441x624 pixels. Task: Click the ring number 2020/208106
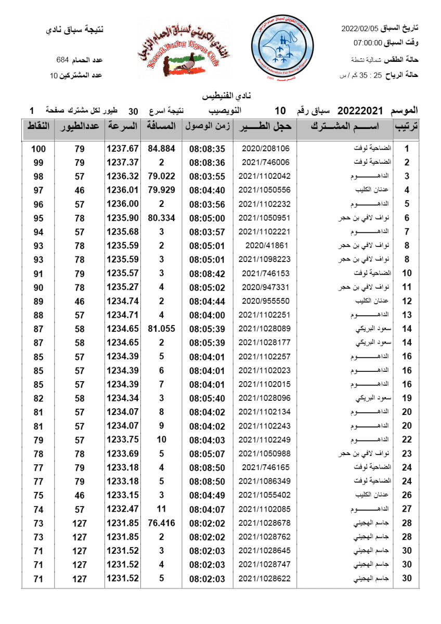(x=265, y=149)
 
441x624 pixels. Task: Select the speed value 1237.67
(x=123, y=149)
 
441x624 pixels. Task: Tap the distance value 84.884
(x=161, y=149)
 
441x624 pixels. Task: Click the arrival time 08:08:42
(x=207, y=273)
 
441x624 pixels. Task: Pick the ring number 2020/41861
(x=265, y=245)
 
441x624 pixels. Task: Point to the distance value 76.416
(x=161, y=523)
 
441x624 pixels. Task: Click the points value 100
(x=38, y=149)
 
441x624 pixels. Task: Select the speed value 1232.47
(x=123, y=509)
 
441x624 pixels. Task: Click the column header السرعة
(x=123, y=126)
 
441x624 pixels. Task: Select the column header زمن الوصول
(x=207, y=126)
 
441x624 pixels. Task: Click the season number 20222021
(x=360, y=111)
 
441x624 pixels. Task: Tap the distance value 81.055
(x=161, y=329)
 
